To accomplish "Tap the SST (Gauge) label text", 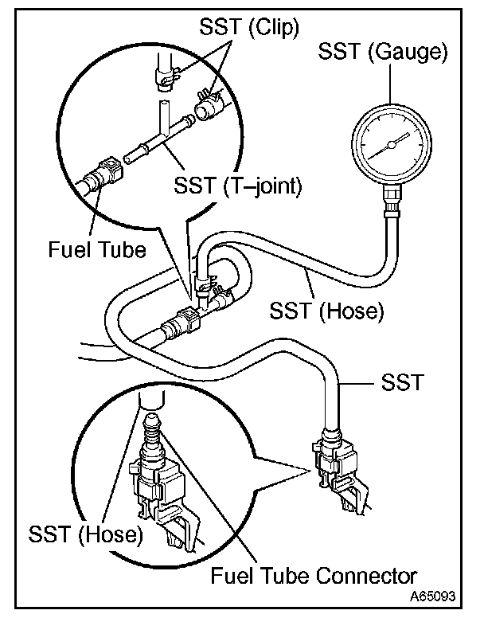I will coord(382,52).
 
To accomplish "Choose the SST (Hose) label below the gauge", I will coord(326,309).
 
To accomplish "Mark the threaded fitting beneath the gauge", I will coord(391,205).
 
